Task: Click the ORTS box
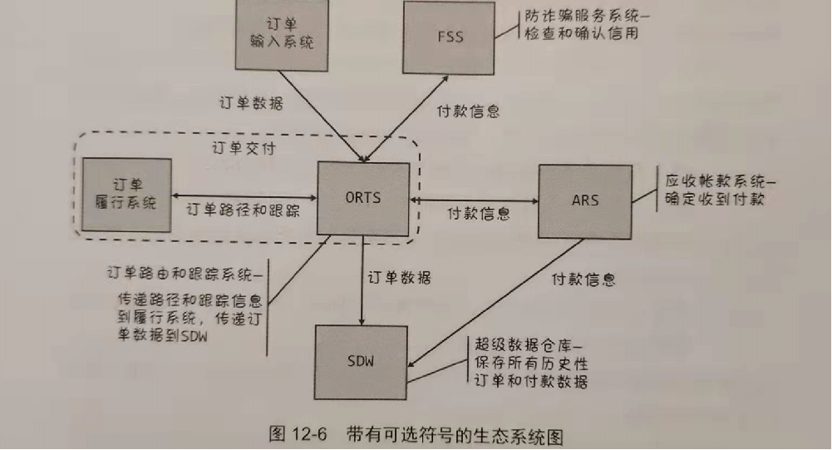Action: [x=363, y=199]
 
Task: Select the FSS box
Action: [x=449, y=37]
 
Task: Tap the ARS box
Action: [x=585, y=201]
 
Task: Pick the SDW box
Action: [x=361, y=363]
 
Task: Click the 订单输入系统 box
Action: [x=282, y=35]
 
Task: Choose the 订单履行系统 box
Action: [x=127, y=195]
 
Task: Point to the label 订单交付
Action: [x=244, y=148]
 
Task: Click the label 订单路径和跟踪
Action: [x=243, y=210]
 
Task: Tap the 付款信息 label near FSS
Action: [x=468, y=111]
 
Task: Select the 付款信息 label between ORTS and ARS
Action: [x=479, y=214]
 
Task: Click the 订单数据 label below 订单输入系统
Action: [x=251, y=102]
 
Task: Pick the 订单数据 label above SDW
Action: [x=399, y=277]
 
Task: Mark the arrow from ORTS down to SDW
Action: [x=362, y=280]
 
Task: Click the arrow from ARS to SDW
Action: [x=495, y=303]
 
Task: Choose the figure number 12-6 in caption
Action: [x=309, y=434]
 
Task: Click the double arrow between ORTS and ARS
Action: [x=474, y=200]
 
